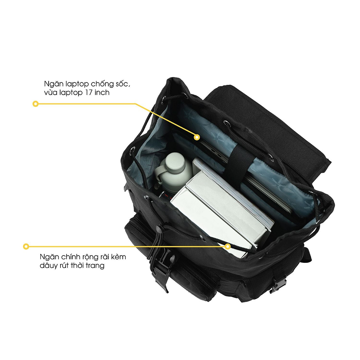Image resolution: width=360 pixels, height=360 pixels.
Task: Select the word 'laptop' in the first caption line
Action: click(x=77, y=84)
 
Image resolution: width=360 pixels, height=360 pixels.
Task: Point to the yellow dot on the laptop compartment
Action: click(x=197, y=137)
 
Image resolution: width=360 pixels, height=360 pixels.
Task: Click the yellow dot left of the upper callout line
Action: click(x=35, y=104)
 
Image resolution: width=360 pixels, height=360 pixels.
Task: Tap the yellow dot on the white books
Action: click(x=228, y=247)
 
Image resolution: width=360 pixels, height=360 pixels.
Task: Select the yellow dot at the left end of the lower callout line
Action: click(x=26, y=246)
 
